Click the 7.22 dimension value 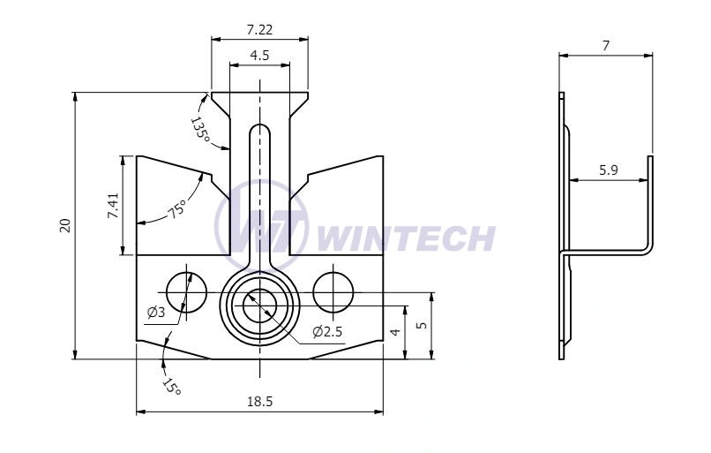[x=259, y=30]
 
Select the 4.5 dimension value [x=259, y=56]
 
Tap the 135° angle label [x=199, y=130]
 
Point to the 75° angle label [x=177, y=208]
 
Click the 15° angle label [x=172, y=386]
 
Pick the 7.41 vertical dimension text [x=113, y=206]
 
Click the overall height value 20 [x=66, y=225]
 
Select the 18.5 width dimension [x=260, y=402]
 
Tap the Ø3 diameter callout [x=156, y=313]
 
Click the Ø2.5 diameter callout [x=327, y=332]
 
